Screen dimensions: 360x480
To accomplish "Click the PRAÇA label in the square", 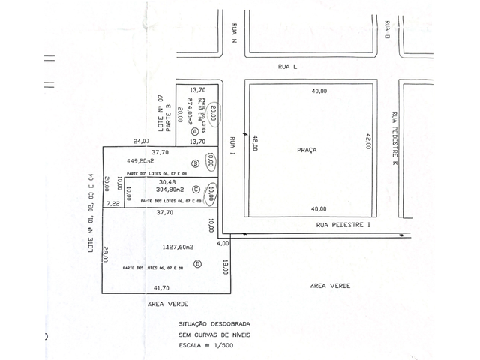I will coord(307,150).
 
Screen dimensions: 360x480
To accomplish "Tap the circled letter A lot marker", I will coord(194,130).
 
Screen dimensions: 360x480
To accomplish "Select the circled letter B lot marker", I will coord(196,163).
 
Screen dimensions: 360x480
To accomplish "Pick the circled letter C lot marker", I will coord(196,189).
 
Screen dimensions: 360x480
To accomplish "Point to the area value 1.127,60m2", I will coord(178,246).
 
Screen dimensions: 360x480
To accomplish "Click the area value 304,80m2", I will coord(171,190).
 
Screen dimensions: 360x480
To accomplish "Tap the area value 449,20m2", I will coord(141,160).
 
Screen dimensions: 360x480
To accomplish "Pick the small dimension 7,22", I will coord(113,203).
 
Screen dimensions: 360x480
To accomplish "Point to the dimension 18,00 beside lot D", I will coord(226,268).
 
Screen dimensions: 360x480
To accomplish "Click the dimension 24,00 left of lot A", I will coord(141,141).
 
